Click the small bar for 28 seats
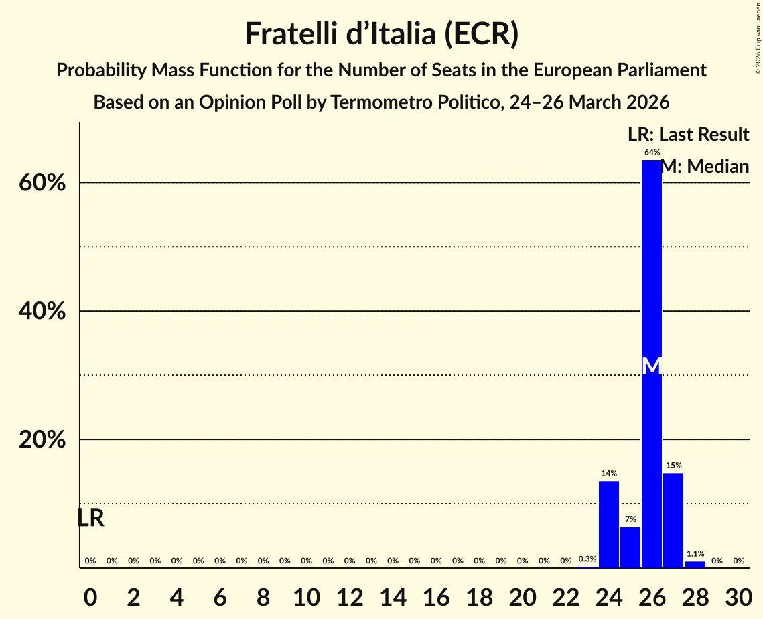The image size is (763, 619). [695, 565]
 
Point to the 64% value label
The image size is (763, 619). [651, 153]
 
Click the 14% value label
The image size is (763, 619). [608, 474]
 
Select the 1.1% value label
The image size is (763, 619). [695, 554]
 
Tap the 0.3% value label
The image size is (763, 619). [587, 559]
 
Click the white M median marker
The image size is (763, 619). [651, 366]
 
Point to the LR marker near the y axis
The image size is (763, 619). [90, 519]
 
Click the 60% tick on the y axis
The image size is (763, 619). [42, 183]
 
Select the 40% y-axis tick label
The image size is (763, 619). [42, 312]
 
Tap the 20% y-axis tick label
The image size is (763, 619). [42, 440]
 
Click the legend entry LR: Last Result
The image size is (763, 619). [688, 135]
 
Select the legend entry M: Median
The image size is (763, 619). [704, 167]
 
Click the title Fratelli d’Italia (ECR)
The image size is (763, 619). [381, 34]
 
